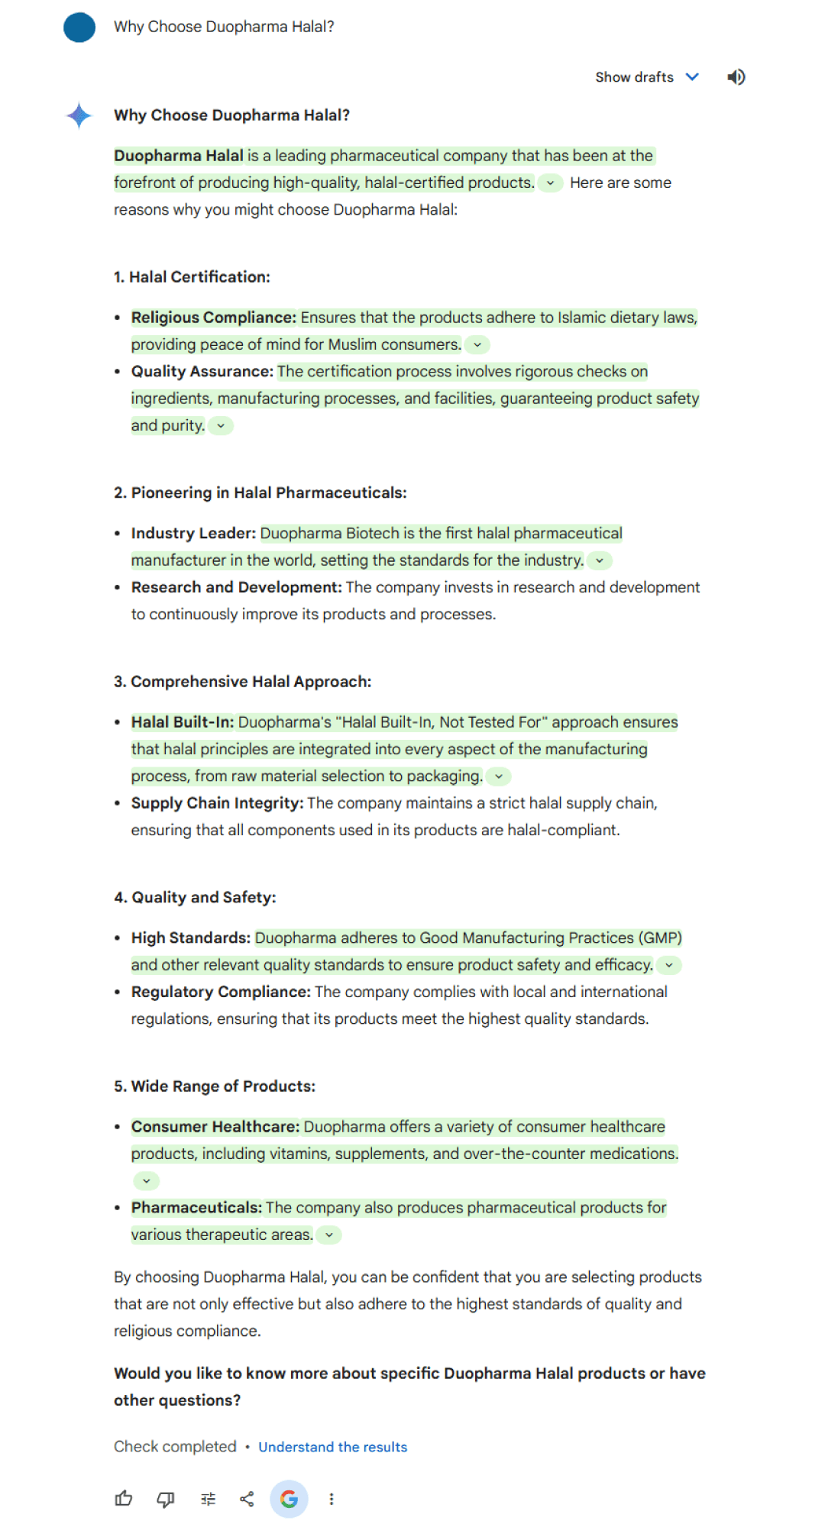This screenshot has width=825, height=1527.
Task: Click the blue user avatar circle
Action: pos(79,27)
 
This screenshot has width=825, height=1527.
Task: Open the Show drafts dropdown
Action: pos(646,77)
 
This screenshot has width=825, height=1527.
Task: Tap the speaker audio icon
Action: pos(736,77)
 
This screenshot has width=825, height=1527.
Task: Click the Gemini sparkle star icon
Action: pos(79,116)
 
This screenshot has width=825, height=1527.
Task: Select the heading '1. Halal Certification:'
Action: pos(192,277)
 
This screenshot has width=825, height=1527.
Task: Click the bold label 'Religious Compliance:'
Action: pos(213,318)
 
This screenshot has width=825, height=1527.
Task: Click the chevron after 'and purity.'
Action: pos(221,426)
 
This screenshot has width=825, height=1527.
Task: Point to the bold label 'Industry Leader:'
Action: pos(193,534)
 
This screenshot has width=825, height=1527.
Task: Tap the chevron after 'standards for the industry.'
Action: pos(600,560)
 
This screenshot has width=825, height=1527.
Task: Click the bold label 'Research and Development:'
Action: pos(236,587)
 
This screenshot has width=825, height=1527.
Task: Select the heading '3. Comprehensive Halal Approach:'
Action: pos(242,682)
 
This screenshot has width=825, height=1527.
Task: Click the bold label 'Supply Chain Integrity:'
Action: pos(217,803)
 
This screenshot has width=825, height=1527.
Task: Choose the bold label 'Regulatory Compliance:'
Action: pos(221,992)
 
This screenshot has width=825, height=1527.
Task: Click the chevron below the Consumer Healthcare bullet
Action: pos(146,1181)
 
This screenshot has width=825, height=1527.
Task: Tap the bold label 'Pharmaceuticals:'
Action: pos(196,1208)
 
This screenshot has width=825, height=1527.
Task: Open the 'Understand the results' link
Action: pos(332,1447)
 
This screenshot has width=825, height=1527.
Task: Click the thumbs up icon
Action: pos(124,1499)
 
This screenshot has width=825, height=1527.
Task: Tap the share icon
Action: pos(247,1499)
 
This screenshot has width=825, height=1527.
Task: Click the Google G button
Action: pos(289,1499)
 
